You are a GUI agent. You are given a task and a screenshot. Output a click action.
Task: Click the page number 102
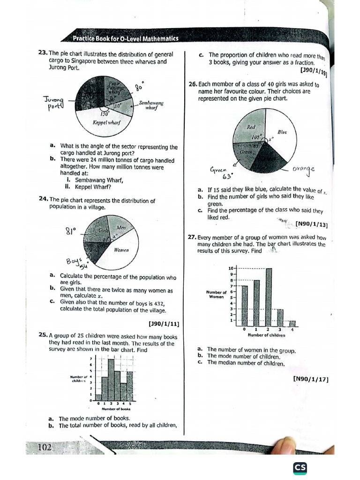(45, 448)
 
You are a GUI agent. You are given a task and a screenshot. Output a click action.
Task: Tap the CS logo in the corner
(300, 468)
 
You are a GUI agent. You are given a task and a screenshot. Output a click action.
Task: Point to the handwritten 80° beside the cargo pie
(138, 87)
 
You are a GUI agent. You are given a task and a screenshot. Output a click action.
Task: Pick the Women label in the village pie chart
(121, 250)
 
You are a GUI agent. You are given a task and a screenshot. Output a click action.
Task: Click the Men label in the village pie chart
(121, 228)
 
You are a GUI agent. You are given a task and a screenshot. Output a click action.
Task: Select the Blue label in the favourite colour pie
(282, 132)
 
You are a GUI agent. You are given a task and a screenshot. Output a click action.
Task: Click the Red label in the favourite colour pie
(251, 127)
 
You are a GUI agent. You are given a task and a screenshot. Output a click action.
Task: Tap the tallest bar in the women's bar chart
(268, 297)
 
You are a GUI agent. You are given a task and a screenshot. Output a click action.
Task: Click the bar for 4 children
(292, 323)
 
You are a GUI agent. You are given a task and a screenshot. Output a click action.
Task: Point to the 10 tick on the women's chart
(231, 268)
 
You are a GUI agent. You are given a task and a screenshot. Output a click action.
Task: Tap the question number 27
(192, 237)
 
